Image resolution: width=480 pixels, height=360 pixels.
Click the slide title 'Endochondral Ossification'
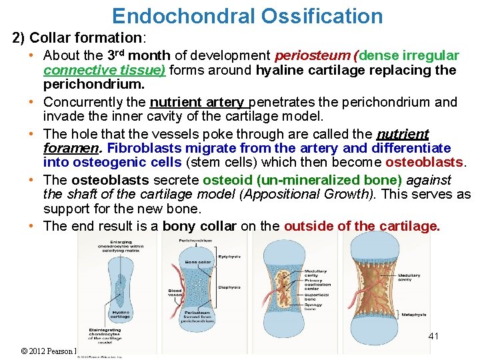click(247, 15)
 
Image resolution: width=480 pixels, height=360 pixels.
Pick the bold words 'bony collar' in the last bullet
click(199, 226)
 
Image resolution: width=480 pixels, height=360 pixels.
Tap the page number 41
click(433, 337)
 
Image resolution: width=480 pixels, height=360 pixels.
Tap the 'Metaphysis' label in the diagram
click(414, 314)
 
